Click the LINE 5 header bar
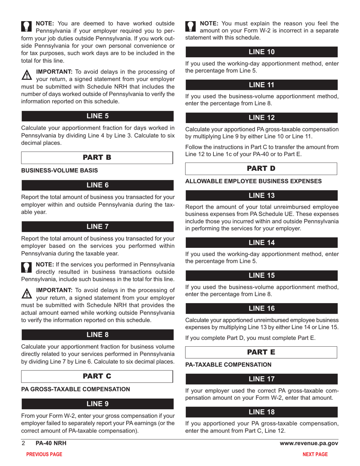pyautogui.click(x=97, y=116)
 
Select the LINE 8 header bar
pyautogui.click(x=97, y=335)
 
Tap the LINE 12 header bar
pyautogui.click(x=261, y=118)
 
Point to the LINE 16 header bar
pyautogui.click(x=261, y=308)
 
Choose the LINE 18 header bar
pyautogui.click(x=261, y=412)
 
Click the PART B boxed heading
pyautogui.click(x=97, y=158)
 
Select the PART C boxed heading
pyautogui.click(x=97, y=376)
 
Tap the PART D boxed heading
pyautogui.click(x=261, y=168)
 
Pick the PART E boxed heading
pyautogui.click(x=261, y=352)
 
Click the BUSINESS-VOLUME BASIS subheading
pyautogui.click(x=59, y=171)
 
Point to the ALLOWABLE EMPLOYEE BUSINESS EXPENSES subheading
pyautogui.click(x=254, y=181)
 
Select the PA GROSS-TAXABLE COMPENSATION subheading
pyautogui.click(x=76, y=389)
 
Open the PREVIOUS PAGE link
pyautogui.click(x=44, y=454)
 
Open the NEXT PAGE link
pyautogui.click(x=315, y=454)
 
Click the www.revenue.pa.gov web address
pyautogui.click(x=309, y=443)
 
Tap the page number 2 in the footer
pyautogui.click(x=23, y=443)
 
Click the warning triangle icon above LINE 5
pyautogui.click(x=27, y=75)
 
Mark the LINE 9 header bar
pyautogui.click(x=97, y=404)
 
